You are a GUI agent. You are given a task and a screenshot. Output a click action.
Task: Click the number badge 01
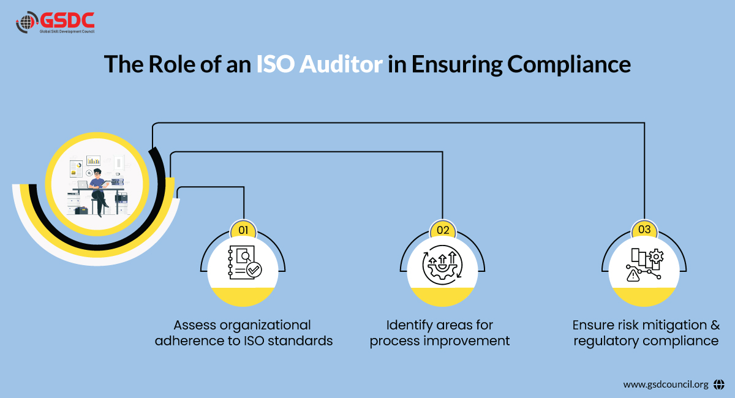243,230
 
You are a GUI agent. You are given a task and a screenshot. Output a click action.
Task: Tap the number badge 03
644,230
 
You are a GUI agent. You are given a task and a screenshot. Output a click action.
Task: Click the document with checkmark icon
243,263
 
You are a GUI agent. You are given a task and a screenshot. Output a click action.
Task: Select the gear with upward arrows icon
443,264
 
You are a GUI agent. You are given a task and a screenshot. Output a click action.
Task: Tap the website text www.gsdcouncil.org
665,385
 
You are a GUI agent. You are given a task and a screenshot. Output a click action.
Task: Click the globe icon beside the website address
719,385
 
